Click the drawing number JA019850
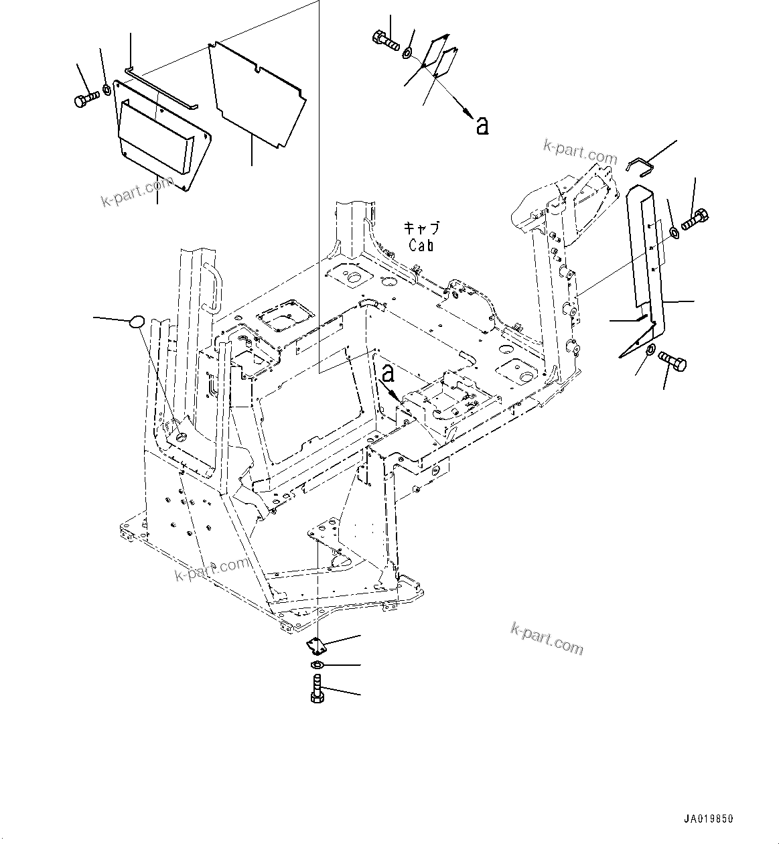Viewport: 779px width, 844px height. [709, 819]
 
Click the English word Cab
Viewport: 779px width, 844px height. [421, 245]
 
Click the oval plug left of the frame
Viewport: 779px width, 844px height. [137, 321]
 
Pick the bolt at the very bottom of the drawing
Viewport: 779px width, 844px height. [318, 689]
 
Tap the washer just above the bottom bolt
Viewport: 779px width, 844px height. [318, 664]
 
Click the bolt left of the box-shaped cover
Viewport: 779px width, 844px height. [85, 100]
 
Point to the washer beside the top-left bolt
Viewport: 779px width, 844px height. [107, 89]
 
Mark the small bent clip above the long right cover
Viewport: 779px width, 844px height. [640, 163]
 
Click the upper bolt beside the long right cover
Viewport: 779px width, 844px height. [695, 219]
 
